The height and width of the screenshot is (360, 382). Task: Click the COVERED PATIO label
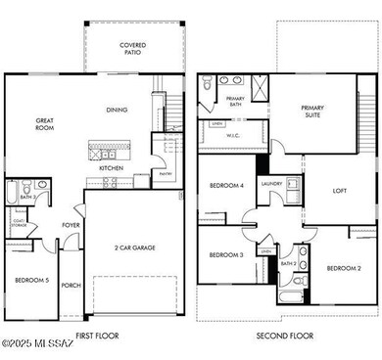pyautogui.click(x=133, y=49)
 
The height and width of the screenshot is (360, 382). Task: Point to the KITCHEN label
pyautogui.click(x=112, y=167)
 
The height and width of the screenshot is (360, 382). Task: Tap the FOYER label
pyautogui.click(x=72, y=224)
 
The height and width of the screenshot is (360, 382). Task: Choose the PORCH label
pyautogui.click(x=72, y=287)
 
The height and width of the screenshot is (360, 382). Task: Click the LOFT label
pyautogui.click(x=340, y=191)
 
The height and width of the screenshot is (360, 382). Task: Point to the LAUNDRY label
pyautogui.click(x=271, y=183)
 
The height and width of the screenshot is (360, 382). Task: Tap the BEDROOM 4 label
pyautogui.click(x=226, y=186)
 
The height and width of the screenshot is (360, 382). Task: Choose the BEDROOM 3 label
pyautogui.click(x=226, y=255)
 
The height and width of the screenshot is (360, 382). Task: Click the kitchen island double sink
pyautogui.click(x=103, y=153)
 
